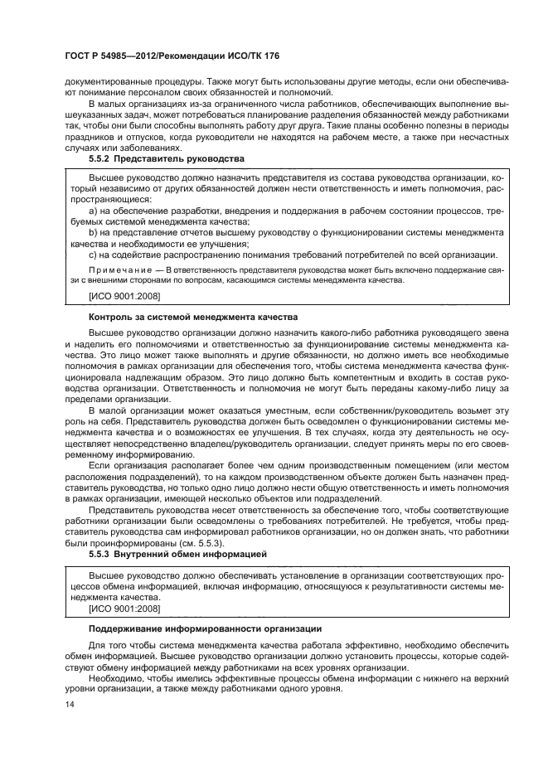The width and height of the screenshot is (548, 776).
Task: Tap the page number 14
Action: click(69, 706)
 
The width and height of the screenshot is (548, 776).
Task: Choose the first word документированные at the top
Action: click(106, 81)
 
